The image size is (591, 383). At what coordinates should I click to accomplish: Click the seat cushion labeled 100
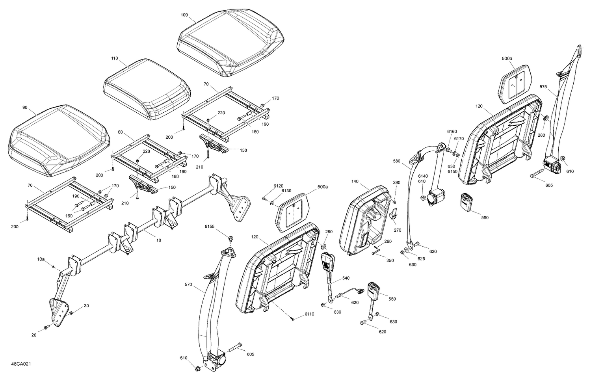[230, 41]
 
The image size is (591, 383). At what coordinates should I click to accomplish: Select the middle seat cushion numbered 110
[147, 89]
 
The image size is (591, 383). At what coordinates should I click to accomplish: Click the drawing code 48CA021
[21, 364]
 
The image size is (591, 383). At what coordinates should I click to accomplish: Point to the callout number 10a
[41, 259]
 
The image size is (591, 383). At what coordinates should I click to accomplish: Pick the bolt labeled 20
[46, 327]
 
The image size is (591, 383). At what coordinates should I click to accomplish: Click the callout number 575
[543, 87]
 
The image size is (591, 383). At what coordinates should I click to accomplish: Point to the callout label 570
[188, 284]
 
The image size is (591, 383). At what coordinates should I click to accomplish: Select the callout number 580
[397, 161]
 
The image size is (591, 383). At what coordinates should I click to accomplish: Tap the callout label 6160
[452, 131]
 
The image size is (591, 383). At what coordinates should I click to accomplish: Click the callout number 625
[421, 258]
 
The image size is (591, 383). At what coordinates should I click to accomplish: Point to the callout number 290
[396, 182]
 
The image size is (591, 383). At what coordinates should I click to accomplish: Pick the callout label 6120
[279, 185]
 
